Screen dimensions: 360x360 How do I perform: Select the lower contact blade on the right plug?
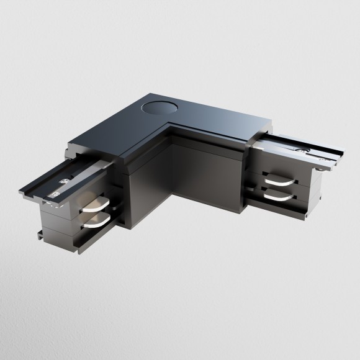pos(277,194)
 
